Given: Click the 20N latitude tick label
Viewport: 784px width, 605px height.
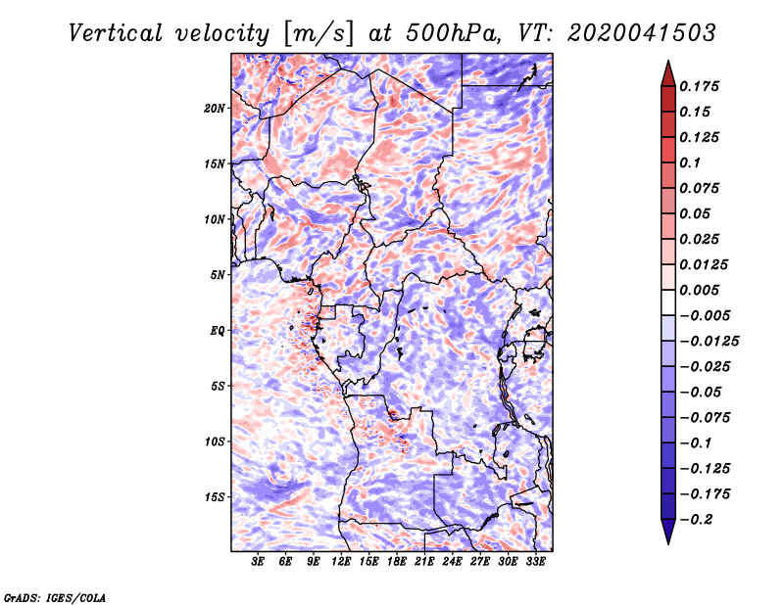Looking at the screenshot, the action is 215,109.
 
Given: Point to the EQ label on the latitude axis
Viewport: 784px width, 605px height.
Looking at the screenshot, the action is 218,331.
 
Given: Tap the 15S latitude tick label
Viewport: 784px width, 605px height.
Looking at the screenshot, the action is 215,497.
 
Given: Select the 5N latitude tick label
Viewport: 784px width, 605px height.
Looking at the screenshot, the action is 218,275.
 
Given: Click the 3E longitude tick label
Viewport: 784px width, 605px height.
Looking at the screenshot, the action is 258,561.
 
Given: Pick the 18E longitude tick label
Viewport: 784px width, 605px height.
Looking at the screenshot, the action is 397,561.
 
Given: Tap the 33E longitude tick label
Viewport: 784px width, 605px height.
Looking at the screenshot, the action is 535,561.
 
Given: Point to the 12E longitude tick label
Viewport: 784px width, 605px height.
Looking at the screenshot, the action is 341,561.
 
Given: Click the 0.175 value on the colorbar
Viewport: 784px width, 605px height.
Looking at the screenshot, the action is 700,86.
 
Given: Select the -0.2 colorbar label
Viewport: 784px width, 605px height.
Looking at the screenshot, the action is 697,520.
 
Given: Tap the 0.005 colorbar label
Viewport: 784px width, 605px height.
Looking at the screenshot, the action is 700,290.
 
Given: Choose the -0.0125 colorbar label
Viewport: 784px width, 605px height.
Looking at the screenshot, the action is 710,342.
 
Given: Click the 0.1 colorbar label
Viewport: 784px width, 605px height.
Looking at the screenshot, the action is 691,163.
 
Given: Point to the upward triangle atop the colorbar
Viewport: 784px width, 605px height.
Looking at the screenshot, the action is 668,73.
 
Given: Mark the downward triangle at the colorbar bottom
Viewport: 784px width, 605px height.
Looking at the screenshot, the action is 668,532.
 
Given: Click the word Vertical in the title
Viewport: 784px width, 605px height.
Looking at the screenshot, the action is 116,33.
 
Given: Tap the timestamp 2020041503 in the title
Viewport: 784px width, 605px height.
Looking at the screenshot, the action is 642,33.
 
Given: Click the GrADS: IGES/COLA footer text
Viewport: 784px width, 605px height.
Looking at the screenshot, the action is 55,597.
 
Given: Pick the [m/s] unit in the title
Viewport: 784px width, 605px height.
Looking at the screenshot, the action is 318,33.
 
